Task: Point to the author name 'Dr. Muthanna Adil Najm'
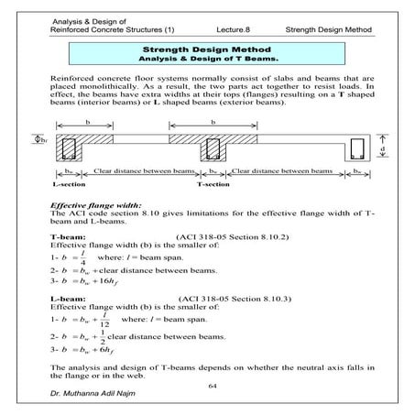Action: coord(94,399)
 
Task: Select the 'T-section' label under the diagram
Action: coord(214,182)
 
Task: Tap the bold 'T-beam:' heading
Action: coord(67,236)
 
